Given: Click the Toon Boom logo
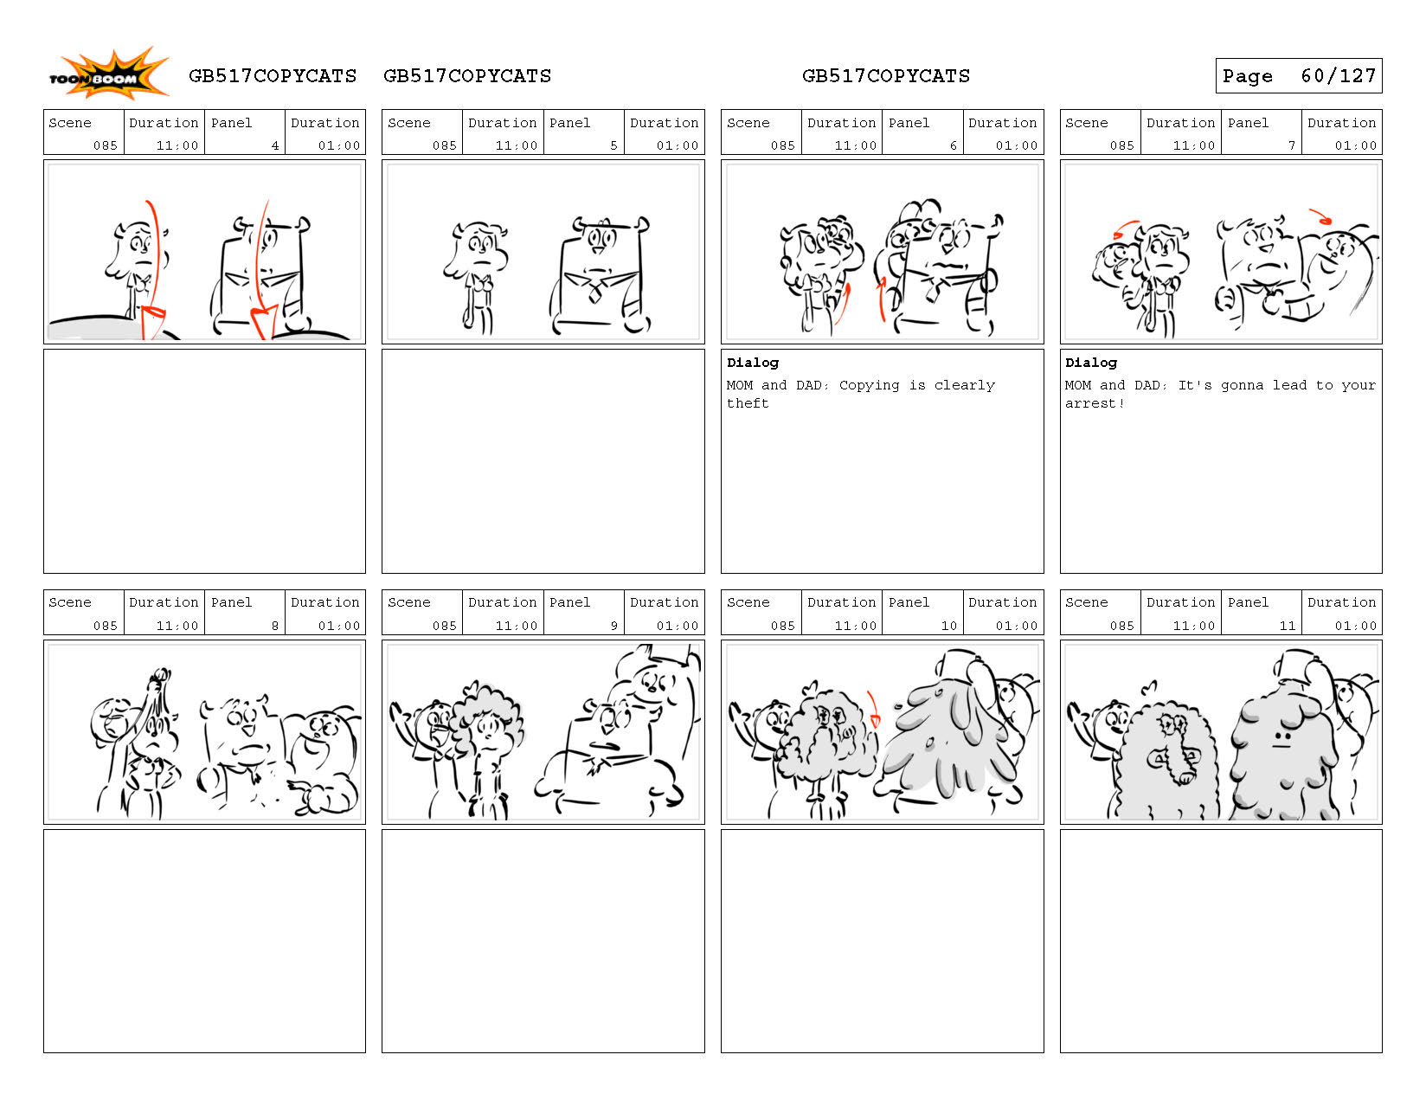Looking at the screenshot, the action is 109,74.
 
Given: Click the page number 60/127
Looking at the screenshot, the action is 1338,76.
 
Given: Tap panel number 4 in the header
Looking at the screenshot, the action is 275,145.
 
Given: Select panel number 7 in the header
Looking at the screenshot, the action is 1291,145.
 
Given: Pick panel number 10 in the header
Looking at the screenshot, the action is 948,626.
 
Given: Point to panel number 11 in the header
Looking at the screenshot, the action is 1287,626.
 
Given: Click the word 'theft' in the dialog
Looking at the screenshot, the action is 747,403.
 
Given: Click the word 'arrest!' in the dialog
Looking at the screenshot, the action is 1094,403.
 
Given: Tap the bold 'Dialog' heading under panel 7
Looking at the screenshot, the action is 1090,363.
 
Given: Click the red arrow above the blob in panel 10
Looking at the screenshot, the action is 873,709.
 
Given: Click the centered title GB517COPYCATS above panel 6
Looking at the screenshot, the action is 885,76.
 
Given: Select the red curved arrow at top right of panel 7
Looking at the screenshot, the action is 1320,216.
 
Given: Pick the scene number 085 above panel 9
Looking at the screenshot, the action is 444,626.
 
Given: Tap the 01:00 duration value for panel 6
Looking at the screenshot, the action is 1016,145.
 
